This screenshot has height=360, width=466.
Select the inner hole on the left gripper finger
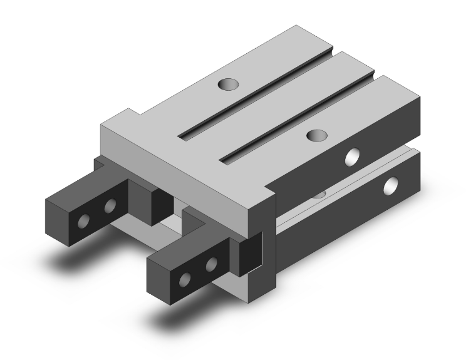[x=110, y=206]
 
